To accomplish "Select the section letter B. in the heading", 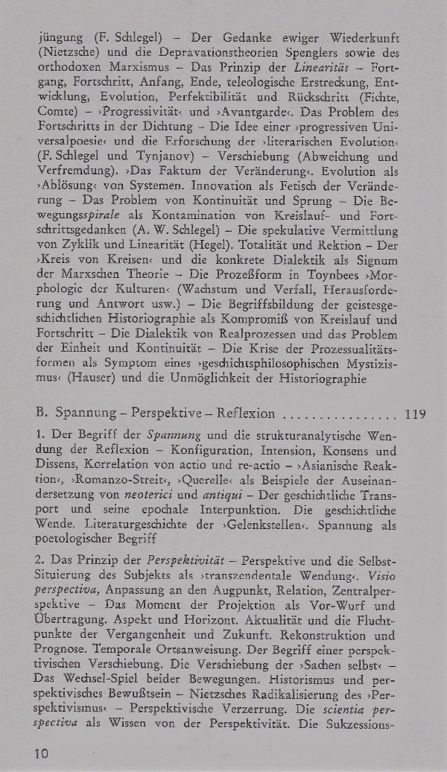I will click(x=42, y=414).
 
